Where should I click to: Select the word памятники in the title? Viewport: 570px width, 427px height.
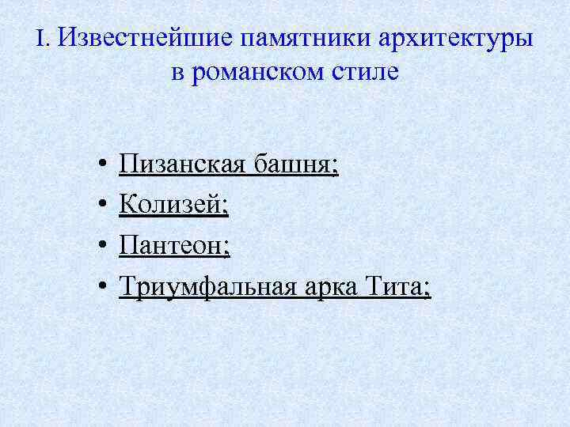[287, 39]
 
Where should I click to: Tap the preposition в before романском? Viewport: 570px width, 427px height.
[177, 74]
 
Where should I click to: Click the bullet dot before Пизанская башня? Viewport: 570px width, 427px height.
[104, 166]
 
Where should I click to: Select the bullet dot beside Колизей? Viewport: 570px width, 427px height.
[104, 207]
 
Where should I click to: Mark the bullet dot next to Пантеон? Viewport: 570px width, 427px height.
[104, 248]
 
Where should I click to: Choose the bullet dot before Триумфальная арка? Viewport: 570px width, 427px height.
[104, 288]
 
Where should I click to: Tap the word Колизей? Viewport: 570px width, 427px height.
[171, 206]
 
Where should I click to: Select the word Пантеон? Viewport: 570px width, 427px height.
[172, 247]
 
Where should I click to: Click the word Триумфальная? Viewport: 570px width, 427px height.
[207, 287]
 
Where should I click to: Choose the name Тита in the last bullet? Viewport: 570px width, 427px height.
[396, 286]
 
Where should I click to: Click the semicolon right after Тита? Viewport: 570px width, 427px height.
[427, 289]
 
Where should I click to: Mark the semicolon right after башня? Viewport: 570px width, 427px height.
[335, 168]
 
